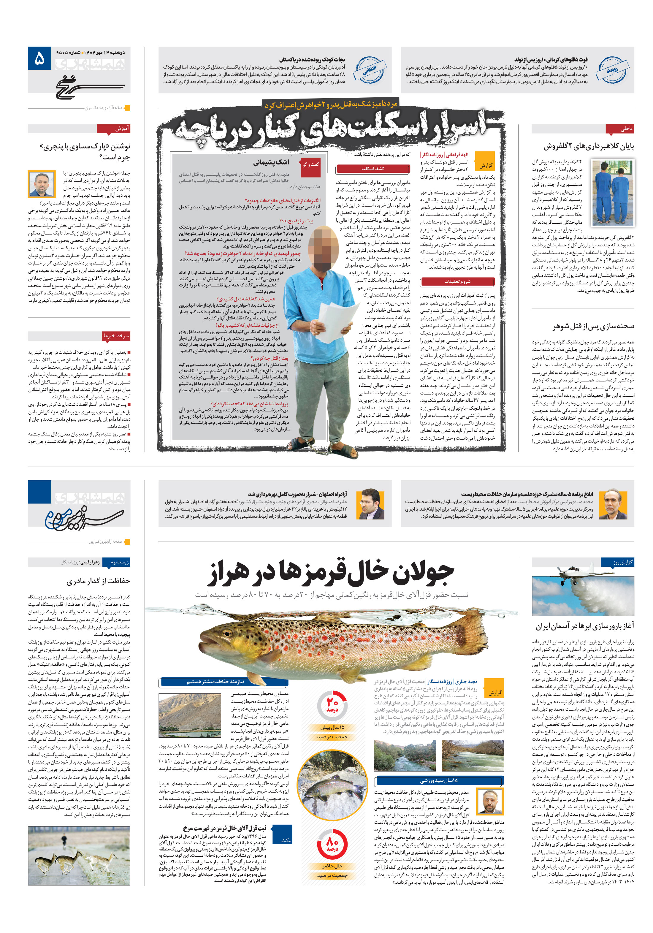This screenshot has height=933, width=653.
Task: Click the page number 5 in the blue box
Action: coord(39,59)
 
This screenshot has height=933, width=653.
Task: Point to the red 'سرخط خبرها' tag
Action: coord(116,336)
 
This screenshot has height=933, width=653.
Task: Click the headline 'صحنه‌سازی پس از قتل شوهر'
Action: coord(593,326)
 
